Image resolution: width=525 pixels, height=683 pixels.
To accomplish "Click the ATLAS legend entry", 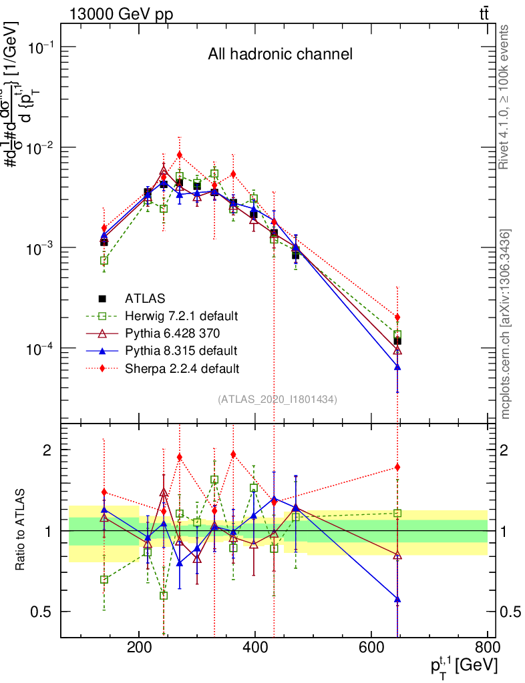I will [144, 298].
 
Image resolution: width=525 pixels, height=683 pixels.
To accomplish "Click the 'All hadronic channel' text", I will [279, 55].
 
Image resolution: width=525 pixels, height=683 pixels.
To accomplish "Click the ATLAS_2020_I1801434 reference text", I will [277, 399].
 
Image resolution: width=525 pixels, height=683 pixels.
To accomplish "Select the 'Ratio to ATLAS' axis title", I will [21, 530].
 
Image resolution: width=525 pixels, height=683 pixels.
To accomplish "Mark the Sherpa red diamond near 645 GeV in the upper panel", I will [397, 317].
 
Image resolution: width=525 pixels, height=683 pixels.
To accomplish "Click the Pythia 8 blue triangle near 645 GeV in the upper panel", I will [397, 367].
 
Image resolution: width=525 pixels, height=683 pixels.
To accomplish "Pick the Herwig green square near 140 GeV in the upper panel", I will [104, 261].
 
